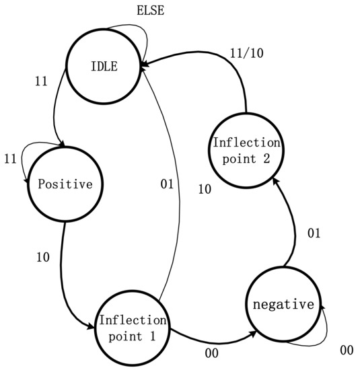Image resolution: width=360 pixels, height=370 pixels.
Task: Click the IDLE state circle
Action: pyautogui.click(x=103, y=65)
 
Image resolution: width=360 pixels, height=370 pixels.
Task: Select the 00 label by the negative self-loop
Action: pyautogui.click(x=347, y=350)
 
